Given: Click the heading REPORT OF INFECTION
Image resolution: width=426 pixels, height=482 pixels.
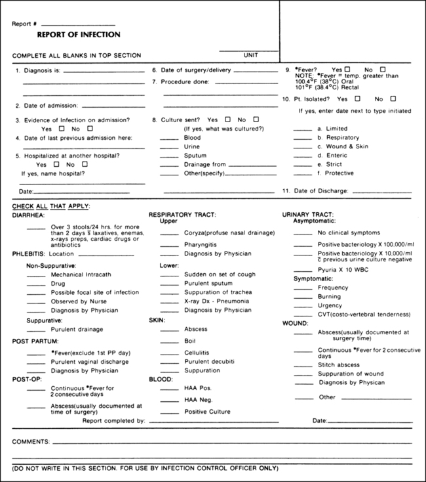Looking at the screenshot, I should click(x=79, y=35).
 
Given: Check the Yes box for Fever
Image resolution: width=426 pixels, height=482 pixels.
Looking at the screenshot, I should click(x=348, y=69).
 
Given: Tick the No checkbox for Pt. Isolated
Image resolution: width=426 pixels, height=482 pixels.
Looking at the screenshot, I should click(x=393, y=99).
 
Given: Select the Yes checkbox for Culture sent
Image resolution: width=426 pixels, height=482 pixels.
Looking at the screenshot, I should click(x=227, y=120).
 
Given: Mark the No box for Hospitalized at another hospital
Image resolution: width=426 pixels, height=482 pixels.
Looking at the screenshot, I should click(x=85, y=164).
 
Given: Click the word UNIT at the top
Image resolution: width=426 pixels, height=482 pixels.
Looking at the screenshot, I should click(x=250, y=55).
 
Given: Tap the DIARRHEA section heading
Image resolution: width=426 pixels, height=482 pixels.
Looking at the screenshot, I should click(x=28, y=214).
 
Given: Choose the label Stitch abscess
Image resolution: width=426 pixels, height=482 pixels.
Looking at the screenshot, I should click(x=339, y=364).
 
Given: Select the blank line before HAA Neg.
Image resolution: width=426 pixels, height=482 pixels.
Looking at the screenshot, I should click(x=169, y=400).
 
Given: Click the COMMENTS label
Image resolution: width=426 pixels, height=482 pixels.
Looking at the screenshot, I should click(x=31, y=442).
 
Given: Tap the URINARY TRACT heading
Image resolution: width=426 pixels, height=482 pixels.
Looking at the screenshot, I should click(x=307, y=214).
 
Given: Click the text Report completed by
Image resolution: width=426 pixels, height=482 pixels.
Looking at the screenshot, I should click(x=114, y=420).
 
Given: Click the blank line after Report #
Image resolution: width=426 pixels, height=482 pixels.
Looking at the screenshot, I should click(x=77, y=25).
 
